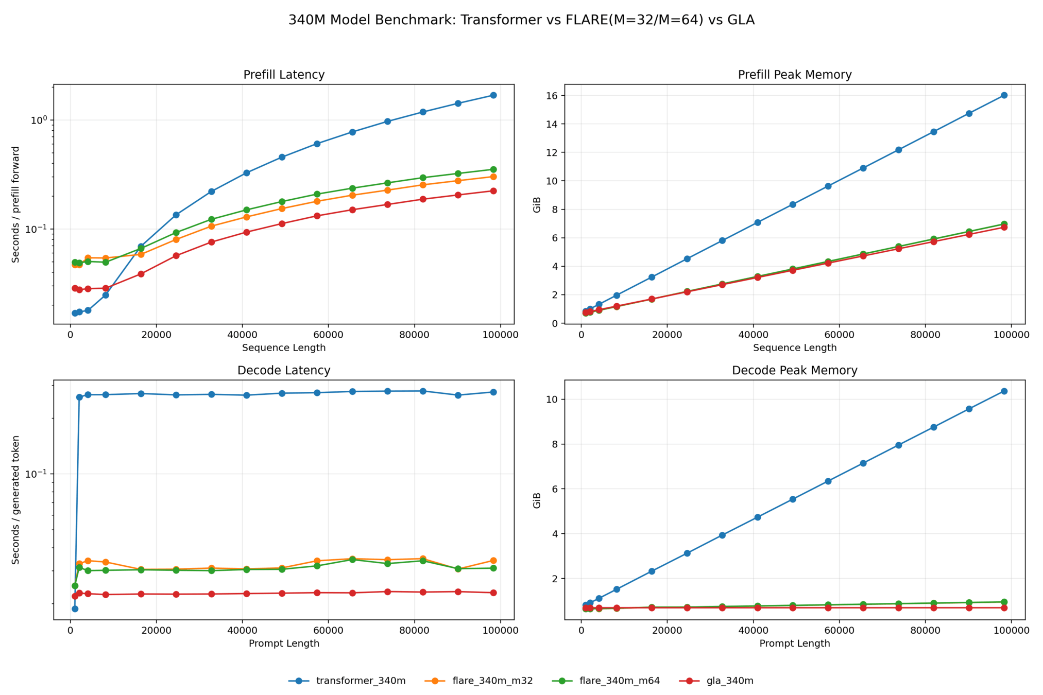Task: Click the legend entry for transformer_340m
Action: [x=361, y=681]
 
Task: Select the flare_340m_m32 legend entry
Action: [x=492, y=681]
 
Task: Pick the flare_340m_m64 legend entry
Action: [x=619, y=681]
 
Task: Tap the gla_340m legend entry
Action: [x=729, y=681]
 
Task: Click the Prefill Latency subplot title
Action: [x=284, y=75]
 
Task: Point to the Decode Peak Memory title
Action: [x=794, y=371]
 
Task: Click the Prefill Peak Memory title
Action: [x=794, y=75]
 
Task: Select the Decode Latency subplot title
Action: [x=284, y=371]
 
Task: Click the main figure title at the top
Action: [x=521, y=20]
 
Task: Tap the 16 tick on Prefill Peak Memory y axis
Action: [x=553, y=96]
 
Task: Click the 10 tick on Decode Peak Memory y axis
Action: [x=553, y=399]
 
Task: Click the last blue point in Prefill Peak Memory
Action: [x=1004, y=95]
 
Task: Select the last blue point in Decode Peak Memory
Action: [x=1004, y=391]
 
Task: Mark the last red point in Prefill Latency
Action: [x=493, y=191]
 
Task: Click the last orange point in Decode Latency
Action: [x=493, y=561]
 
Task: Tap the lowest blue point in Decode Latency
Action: [x=75, y=609]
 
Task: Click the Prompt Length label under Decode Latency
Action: [x=284, y=644]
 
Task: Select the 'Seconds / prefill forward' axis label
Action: [x=16, y=204]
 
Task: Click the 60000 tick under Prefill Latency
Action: [x=329, y=335]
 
